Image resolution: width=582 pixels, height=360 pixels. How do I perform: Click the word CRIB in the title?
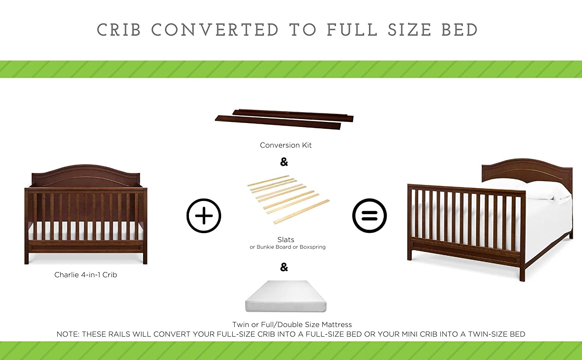pyautogui.click(x=119, y=29)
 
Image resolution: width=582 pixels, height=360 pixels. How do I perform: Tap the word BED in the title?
pyautogui.click(x=460, y=29)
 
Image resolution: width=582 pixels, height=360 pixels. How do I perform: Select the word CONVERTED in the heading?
pyautogui.click(x=215, y=29)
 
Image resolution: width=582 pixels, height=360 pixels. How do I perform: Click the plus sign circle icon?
pyautogui.click(x=204, y=216)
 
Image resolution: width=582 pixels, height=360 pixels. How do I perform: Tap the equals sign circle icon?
pyautogui.click(x=369, y=216)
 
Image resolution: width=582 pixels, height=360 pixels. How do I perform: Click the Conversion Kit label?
pyautogui.click(x=286, y=145)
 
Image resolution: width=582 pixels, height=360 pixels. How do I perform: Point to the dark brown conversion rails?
pyautogui.click(x=284, y=119)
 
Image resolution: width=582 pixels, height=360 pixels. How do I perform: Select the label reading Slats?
pyautogui.click(x=286, y=239)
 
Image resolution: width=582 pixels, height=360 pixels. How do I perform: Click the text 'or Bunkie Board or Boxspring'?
pyautogui.click(x=288, y=247)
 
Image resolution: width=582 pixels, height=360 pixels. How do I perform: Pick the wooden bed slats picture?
pyautogui.click(x=288, y=199)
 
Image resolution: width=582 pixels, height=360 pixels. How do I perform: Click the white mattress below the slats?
pyautogui.click(x=286, y=296)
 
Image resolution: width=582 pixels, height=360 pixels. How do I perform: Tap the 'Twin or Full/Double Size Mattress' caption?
pyautogui.click(x=292, y=324)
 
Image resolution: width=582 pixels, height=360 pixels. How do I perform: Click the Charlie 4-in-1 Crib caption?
pyautogui.click(x=85, y=275)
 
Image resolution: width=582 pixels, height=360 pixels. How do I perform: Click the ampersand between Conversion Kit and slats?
pyautogui.click(x=284, y=162)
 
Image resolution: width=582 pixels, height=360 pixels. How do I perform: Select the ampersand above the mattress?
pyautogui.click(x=284, y=267)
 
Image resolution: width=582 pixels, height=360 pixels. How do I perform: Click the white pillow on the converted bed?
pyautogui.click(x=540, y=191)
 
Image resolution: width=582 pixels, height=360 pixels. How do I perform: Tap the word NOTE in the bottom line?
pyautogui.click(x=68, y=334)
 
